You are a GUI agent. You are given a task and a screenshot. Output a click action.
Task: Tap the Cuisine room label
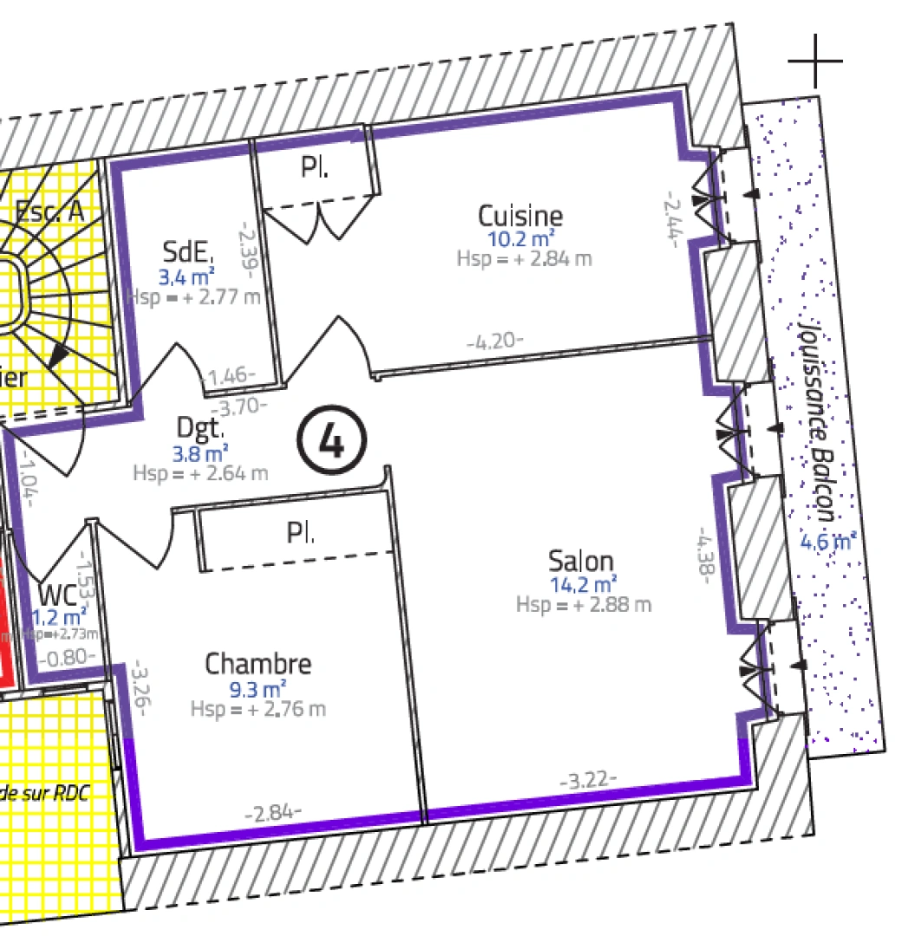pyautogui.click(x=520, y=215)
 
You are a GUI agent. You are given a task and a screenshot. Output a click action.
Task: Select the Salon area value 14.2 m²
pyautogui.click(x=584, y=584)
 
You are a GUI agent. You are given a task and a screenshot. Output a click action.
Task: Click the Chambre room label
pyautogui.click(x=258, y=665)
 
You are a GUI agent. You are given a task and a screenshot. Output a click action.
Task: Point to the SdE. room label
pyautogui.click(x=187, y=253)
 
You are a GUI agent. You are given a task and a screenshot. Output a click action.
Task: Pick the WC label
pyautogui.click(x=57, y=595)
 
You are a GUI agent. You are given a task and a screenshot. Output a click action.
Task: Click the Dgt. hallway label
pyautogui.click(x=201, y=427)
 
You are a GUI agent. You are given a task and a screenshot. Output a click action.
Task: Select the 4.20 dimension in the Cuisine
pyautogui.click(x=495, y=341)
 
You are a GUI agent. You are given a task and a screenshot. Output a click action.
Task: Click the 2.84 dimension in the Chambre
pyautogui.click(x=274, y=814)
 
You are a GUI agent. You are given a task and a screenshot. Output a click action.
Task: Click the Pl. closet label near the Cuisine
pyautogui.click(x=315, y=167)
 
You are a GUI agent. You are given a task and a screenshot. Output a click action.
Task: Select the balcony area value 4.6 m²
pyautogui.click(x=827, y=543)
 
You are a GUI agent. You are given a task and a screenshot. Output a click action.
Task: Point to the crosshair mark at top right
pyautogui.click(x=815, y=62)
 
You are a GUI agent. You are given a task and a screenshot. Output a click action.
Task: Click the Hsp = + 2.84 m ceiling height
pyautogui.click(x=524, y=258)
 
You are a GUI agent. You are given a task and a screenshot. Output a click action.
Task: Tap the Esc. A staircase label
pyautogui.click(x=49, y=211)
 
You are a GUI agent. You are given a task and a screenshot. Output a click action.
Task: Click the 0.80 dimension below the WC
pyautogui.click(x=67, y=657)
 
